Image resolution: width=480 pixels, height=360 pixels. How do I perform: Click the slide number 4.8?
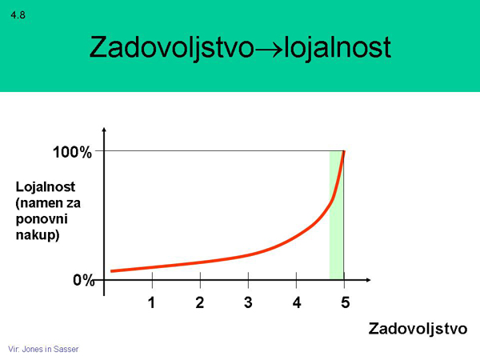click(x=18, y=15)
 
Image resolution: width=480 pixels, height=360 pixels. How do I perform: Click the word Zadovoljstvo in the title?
click(x=172, y=48)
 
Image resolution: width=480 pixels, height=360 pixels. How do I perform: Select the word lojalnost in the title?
click(x=338, y=48)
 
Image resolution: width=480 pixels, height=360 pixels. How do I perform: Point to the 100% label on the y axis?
click(x=72, y=152)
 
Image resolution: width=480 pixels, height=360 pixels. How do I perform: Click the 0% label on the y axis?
click(x=83, y=280)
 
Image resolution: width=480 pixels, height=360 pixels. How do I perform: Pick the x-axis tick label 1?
click(x=151, y=302)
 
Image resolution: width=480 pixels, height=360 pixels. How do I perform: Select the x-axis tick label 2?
click(x=199, y=302)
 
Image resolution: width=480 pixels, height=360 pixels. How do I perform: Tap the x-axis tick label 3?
click(x=248, y=302)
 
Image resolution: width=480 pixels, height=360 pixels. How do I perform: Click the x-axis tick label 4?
click(x=296, y=302)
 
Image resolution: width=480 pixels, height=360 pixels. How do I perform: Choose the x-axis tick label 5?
click(x=345, y=302)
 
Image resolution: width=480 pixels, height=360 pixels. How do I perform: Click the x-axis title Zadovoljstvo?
click(x=418, y=330)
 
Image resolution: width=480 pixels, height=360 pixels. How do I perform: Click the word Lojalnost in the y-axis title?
click(x=46, y=187)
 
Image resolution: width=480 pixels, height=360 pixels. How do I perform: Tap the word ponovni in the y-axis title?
click(x=42, y=219)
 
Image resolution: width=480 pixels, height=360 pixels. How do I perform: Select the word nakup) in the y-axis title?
click(x=38, y=235)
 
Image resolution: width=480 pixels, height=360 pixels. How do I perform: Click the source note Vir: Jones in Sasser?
click(x=43, y=349)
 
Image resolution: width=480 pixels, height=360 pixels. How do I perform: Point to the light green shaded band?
click(x=336, y=215)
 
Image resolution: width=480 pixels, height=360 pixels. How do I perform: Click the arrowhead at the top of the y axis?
click(x=104, y=130)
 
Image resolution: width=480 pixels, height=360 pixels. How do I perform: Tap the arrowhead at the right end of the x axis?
click(x=368, y=280)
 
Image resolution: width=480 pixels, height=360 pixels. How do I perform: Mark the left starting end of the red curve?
click(x=111, y=271)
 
